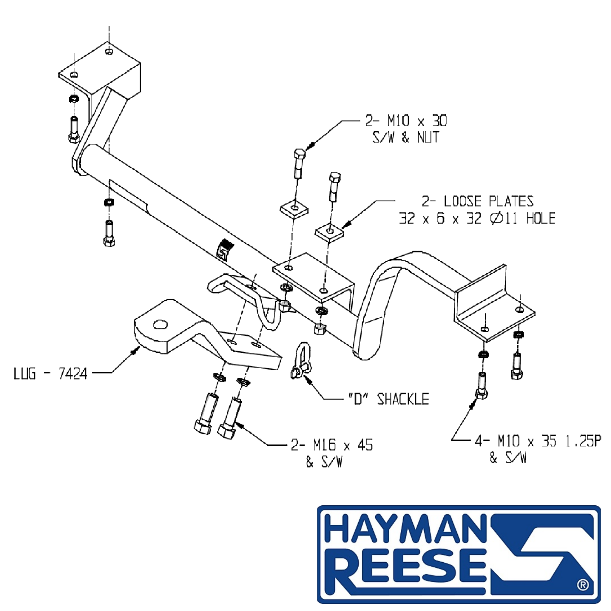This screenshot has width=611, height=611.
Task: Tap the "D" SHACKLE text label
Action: (388, 399)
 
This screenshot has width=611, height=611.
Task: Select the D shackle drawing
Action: (301, 360)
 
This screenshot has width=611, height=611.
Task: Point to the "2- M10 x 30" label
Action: (406, 121)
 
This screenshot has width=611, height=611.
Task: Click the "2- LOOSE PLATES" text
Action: (478, 201)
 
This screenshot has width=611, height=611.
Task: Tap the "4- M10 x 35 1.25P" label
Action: (538, 441)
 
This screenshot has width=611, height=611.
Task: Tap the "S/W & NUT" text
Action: (406, 137)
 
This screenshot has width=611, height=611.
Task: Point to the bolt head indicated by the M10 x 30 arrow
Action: (300, 154)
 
